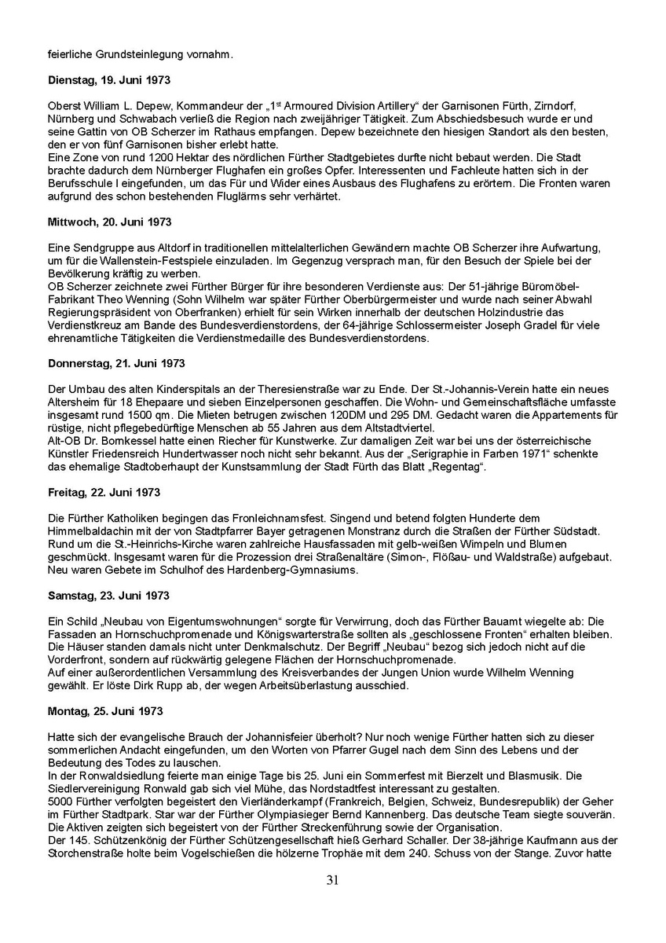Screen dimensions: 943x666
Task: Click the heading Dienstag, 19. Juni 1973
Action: (x=109, y=80)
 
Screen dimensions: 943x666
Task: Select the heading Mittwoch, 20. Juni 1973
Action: (x=110, y=222)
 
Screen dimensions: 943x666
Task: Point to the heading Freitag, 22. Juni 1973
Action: (x=104, y=493)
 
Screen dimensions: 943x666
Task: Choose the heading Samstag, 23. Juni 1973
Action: (x=108, y=596)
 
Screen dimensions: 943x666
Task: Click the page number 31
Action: (x=332, y=880)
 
